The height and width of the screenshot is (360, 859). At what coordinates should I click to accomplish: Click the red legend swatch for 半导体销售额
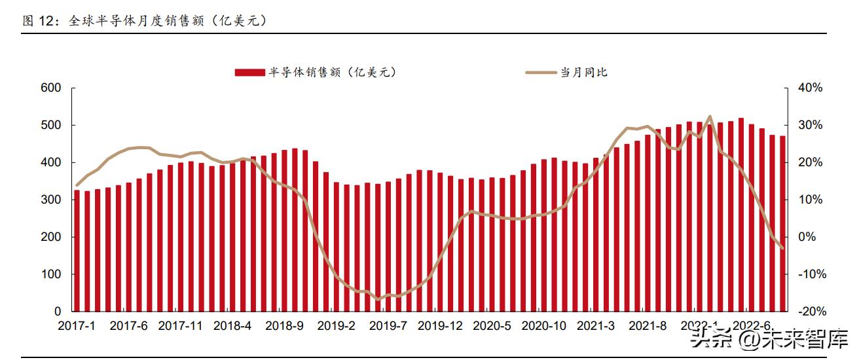click(x=250, y=73)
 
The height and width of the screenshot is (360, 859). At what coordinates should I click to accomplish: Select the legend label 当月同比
click(x=583, y=73)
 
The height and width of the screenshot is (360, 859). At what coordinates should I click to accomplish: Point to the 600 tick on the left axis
click(x=50, y=88)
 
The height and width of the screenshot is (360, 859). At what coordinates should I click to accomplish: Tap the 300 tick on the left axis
click(x=50, y=200)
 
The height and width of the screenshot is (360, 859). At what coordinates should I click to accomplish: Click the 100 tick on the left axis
click(x=50, y=274)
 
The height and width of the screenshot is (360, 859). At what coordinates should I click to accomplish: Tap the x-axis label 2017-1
click(x=76, y=325)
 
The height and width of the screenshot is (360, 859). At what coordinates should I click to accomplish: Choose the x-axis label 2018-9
click(x=285, y=325)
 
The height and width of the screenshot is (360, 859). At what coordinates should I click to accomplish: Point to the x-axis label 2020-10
click(x=542, y=325)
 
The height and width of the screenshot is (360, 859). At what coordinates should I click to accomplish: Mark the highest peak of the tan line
click(x=710, y=117)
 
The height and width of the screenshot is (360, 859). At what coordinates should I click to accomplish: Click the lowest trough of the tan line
click(x=378, y=299)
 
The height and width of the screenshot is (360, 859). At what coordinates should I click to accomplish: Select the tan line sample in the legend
click(x=540, y=73)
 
